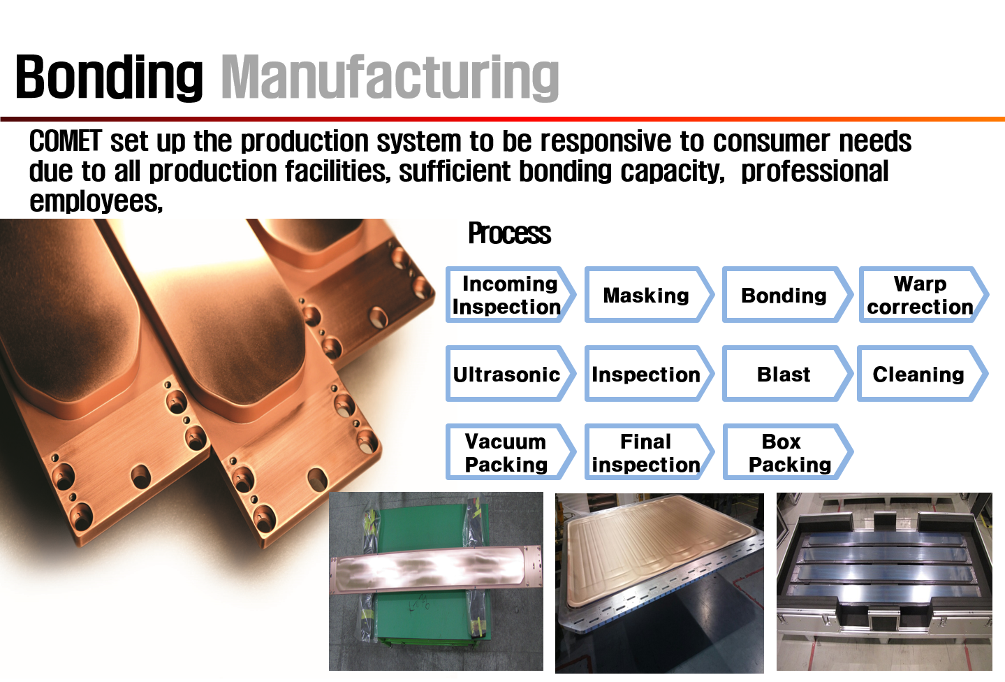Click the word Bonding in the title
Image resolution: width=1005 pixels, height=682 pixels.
[109, 76]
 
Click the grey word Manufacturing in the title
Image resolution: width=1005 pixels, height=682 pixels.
[390, 76]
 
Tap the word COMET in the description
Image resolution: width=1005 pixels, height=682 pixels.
[66, 141]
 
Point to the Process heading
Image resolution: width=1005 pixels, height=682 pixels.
[509, 233]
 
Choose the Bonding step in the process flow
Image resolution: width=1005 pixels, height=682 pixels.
[787, 294]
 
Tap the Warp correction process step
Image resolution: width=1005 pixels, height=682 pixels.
[924, 294]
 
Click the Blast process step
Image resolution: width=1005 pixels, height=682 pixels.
[787, 374]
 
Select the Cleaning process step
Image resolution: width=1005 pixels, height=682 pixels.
[923, 374]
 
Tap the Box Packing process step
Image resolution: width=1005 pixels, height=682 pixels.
[788, 452]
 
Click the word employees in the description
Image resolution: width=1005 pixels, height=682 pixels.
[96, 201]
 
